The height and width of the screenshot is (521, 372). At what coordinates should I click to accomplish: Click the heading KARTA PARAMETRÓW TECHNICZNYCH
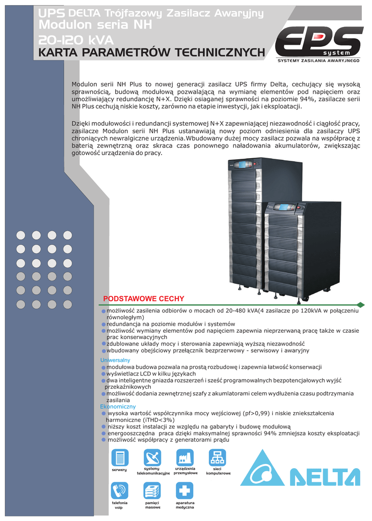point(152,52)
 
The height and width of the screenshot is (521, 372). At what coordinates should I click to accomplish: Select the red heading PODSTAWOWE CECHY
point(143,299)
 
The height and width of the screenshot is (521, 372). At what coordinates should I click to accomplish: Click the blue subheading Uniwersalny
point(115,360)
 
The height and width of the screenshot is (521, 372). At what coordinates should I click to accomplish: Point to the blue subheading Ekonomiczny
point(118,407)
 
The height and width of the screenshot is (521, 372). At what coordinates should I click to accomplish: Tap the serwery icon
point(120,457)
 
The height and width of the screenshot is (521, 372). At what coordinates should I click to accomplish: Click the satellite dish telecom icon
point(152,457)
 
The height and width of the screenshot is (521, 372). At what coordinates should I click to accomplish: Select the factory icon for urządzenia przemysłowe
point(184,457)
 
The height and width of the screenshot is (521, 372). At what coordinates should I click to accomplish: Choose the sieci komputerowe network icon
point(218,457)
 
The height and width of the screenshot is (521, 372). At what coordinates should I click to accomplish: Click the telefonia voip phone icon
point(120,490)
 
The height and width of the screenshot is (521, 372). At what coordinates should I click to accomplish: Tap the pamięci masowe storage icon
point(152,490)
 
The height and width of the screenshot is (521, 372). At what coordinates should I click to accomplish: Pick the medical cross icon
point(184,490)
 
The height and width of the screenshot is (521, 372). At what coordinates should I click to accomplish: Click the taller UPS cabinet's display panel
point(243,164)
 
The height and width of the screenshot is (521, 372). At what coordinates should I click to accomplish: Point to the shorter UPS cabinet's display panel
point(284,207)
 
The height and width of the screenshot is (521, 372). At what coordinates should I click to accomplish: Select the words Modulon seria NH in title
point(95,25)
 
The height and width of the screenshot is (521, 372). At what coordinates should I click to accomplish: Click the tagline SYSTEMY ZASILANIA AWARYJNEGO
point(318,61)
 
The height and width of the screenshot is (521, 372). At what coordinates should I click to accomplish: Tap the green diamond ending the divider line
point(361,305)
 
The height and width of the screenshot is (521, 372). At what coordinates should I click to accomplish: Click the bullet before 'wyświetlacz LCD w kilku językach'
point(103,374)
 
